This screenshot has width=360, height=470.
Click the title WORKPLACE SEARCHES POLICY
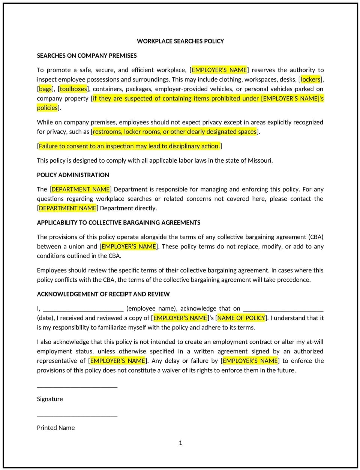(x=180, y=41)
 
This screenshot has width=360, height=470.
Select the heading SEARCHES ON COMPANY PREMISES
(x=87, y=55)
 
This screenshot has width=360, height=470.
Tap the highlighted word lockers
(x=310, y=79)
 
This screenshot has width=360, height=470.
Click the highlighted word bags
(x=45, y=89)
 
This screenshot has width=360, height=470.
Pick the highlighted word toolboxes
(x=73, y=89)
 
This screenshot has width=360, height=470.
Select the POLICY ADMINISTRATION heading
(x=73, y=175)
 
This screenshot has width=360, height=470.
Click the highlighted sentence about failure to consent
(x=129, y=146)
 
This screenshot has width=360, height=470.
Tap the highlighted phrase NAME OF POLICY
(x=241, y=318)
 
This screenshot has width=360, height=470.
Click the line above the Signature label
(x=77, y=386)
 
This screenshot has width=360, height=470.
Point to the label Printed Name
(x=55, y=428)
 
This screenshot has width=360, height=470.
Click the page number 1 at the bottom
(x=180, y=443)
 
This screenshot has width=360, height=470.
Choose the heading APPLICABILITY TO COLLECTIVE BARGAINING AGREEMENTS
(x=118, y=223)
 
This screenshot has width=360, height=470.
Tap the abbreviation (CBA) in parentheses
(x=316, y=237)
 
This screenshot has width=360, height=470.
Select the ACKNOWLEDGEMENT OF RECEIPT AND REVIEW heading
(x=103, y=294)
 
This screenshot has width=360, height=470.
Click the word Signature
(x=50, y=399)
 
